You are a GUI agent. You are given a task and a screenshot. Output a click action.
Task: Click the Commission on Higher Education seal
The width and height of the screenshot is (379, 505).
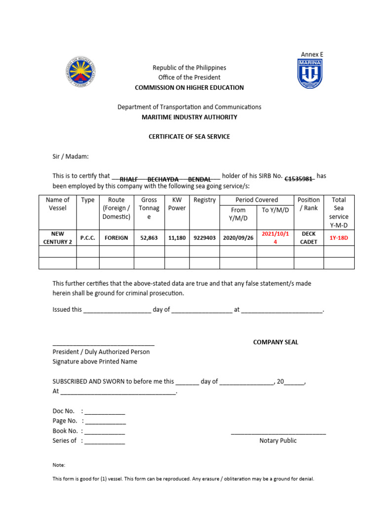pos(81,73)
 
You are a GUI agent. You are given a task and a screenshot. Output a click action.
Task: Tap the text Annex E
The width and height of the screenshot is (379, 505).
pos(312,54)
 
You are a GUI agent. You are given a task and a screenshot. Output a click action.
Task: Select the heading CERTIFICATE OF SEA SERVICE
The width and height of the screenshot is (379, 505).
pos(189,137)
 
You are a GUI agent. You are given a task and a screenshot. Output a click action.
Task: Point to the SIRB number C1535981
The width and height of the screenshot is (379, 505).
pos(299,179)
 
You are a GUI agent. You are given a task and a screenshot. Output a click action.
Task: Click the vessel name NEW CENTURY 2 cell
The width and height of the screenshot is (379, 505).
pos(57,238)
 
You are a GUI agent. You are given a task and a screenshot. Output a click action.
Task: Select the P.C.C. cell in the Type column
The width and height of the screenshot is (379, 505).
pos(88,238)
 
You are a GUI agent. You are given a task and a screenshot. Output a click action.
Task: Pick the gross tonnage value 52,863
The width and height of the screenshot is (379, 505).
pos(149,238)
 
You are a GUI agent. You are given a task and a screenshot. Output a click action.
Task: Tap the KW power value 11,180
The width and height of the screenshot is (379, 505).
pos(177,238)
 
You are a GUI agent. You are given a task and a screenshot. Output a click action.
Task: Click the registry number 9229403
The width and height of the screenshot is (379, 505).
pos(204,238)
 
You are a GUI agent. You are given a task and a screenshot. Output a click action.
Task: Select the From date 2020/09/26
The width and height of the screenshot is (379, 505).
pos(238,238)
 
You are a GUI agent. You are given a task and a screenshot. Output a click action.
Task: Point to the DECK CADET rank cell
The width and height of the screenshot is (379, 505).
pos(309,238)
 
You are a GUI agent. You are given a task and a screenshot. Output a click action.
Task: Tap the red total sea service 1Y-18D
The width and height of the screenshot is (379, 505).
pos(339,238)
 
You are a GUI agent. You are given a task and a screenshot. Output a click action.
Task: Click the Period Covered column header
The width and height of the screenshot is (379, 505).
pos(257,200)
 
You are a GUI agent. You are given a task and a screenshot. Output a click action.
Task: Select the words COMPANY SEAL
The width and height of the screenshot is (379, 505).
pos(275,342)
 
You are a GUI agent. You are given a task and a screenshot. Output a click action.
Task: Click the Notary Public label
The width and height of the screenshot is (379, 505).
pos(278,441)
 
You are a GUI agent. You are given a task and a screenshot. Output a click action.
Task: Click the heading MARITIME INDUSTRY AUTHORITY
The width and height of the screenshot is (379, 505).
pos(189,117)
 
